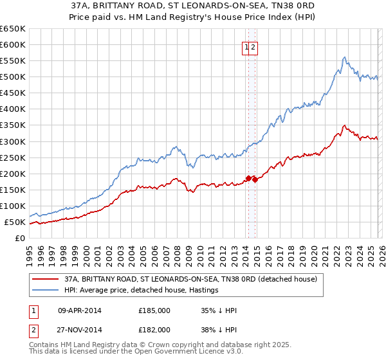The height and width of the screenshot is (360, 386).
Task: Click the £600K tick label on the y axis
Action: tap(13, 44)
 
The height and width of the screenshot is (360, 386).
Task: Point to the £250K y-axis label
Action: tap(13, 157)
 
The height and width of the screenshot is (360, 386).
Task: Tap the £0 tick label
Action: tap(20, 238)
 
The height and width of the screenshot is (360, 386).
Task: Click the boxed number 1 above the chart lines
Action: tap(246, 47)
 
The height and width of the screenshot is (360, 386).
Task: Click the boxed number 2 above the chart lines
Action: tap(253, 47)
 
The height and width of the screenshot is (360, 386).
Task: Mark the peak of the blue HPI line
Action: tap(345, 57)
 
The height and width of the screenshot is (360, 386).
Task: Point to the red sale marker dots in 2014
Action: tap(252, 179)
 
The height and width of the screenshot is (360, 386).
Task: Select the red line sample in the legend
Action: tap(45, 280)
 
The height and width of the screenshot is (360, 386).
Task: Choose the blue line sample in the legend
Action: tap(45, 291)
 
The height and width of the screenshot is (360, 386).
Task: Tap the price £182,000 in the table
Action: tap(154, 329)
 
